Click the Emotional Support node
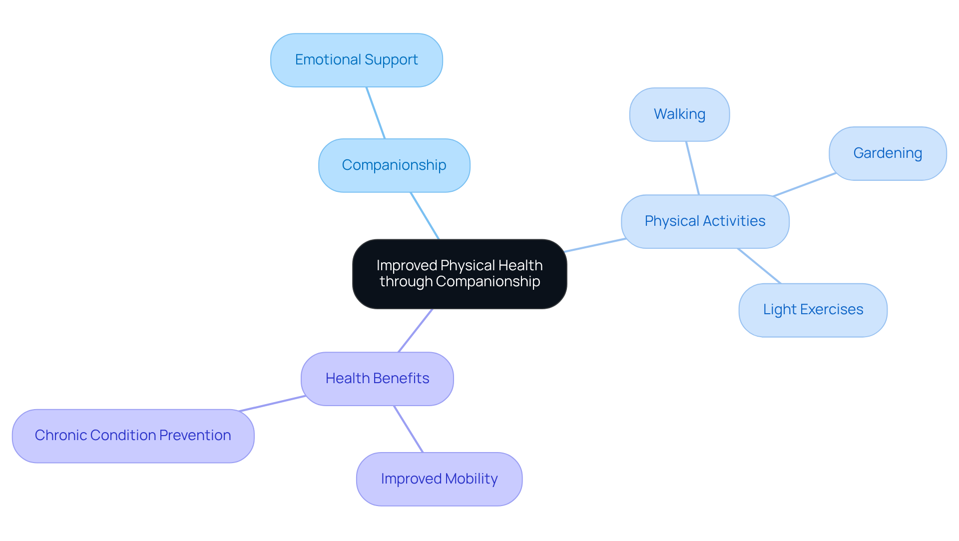tap(356, 60)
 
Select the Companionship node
tap(394, 165)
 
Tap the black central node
tap(460, 274)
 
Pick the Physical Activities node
tap(705, 221)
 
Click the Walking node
tap(679, 114)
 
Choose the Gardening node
tap(887, 153)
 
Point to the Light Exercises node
tap(813, 310)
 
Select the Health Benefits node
tap(377, 379)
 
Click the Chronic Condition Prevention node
tap(133, 436)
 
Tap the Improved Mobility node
tap(439, 479)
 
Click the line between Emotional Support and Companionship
tap(376, 113)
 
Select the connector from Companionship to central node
tap(425, 216)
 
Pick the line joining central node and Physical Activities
tap(595, 245)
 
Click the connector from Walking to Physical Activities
tap(693, 168)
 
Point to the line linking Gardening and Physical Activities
tap(804, 185)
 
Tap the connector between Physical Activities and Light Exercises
tap(759, 266)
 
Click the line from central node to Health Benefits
tap(415, 331)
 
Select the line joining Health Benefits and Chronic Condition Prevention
tap(272, 404)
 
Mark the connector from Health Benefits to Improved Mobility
tap(409, 429)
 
